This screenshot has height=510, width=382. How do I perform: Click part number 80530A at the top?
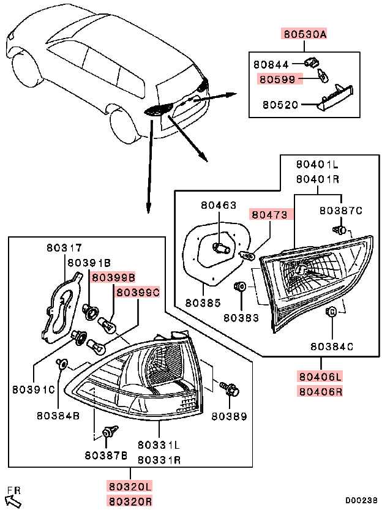point(304,34)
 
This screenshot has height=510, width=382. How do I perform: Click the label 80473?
point(271,215)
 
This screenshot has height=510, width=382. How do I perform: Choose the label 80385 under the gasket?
point(201,302)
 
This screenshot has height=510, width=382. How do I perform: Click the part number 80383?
point(241,318)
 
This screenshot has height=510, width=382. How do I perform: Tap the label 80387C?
point(340,211)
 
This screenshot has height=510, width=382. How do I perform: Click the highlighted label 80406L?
point(320,376)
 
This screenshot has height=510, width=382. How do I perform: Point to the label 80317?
point(63,249)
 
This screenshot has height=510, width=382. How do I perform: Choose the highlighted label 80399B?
point(113,277)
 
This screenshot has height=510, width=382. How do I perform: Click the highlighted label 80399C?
point(138,293)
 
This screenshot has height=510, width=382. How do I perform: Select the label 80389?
point(229,416)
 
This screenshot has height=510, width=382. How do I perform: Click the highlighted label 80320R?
point(130,501)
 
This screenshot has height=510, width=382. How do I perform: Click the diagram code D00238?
point(361,500)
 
